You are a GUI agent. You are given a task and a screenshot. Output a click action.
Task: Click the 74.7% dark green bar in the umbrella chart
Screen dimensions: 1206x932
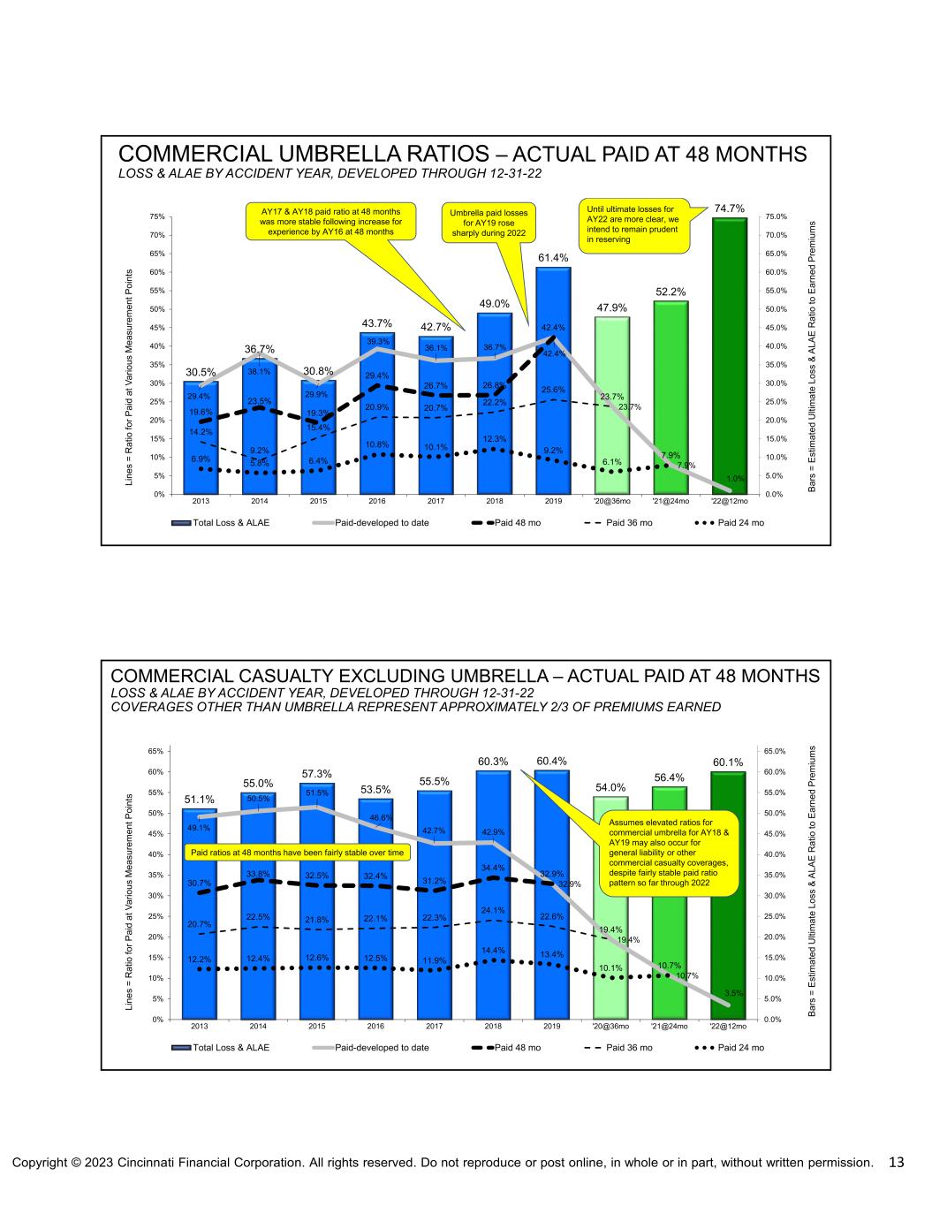pos(730,353)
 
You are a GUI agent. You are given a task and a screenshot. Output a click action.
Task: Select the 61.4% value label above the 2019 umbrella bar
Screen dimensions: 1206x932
pos(553,257)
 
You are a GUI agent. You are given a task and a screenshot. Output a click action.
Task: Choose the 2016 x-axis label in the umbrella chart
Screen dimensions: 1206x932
pos(376,502)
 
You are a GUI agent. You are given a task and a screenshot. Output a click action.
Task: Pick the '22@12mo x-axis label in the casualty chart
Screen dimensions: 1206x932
pos(728,1027)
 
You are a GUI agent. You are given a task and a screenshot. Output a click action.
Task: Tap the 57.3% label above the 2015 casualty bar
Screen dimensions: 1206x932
pos(317,774)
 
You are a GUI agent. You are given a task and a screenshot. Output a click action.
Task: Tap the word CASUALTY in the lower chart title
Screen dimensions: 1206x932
pos(282,676)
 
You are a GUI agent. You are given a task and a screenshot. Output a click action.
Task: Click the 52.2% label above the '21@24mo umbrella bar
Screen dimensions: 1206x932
pos(671,291)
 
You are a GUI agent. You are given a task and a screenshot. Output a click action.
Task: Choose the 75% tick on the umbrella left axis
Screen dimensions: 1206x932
pos(155,216)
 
